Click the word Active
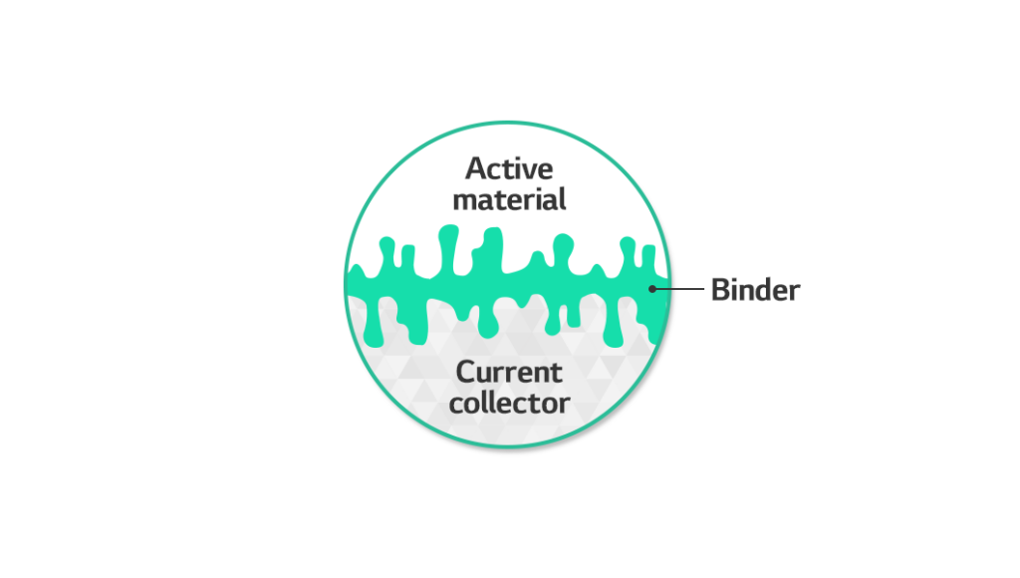click(x=509, y=168)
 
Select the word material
click(x=509, y=199)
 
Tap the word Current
click(x=509, y=373)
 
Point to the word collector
click(x=509, y=404)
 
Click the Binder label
click(x=755, y=290)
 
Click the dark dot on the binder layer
click(x=652, y=290)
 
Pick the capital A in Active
click(x=476, y=168)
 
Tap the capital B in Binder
click(x=720, y=290)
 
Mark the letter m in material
click(x=464, y=200)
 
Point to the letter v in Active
click(x=532, y=170)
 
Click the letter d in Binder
click(x=763, y=290)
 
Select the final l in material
click(x=562, y=198)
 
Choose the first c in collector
click(x=457, y=405)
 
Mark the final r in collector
click(x=565, y=405)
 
